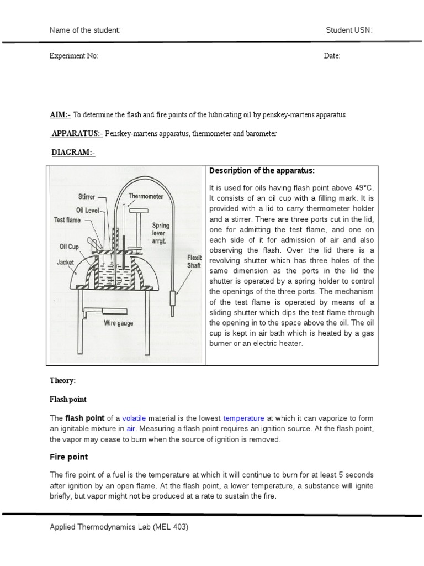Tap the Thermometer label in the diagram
tap(145, 196)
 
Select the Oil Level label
tap(84, 210)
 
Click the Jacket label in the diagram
tap(65, 263)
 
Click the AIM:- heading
tap(60, 115)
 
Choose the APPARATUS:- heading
tap(76, 134)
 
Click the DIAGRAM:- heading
tap(73, 153)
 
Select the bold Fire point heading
tap(69, 457)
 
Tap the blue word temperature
tap(243, 418)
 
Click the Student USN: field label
tap(349, 30)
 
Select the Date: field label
tap(332, 56)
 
